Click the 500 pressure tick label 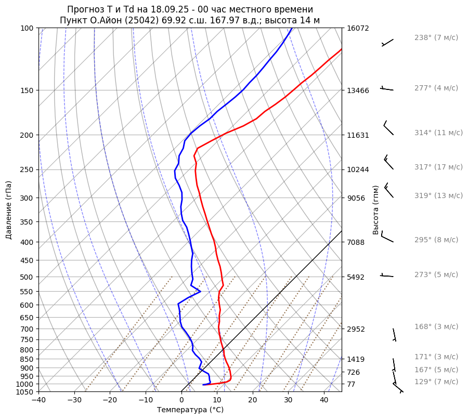[27, 277]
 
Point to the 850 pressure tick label [27, 359]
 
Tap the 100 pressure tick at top [27, 28]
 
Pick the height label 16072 [358, 28]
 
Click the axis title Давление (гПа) [9, 210]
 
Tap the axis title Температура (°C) [190, 410]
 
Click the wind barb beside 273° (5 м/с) [387, 275]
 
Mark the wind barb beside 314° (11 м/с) [388, 128]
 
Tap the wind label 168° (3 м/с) [436, 327]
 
